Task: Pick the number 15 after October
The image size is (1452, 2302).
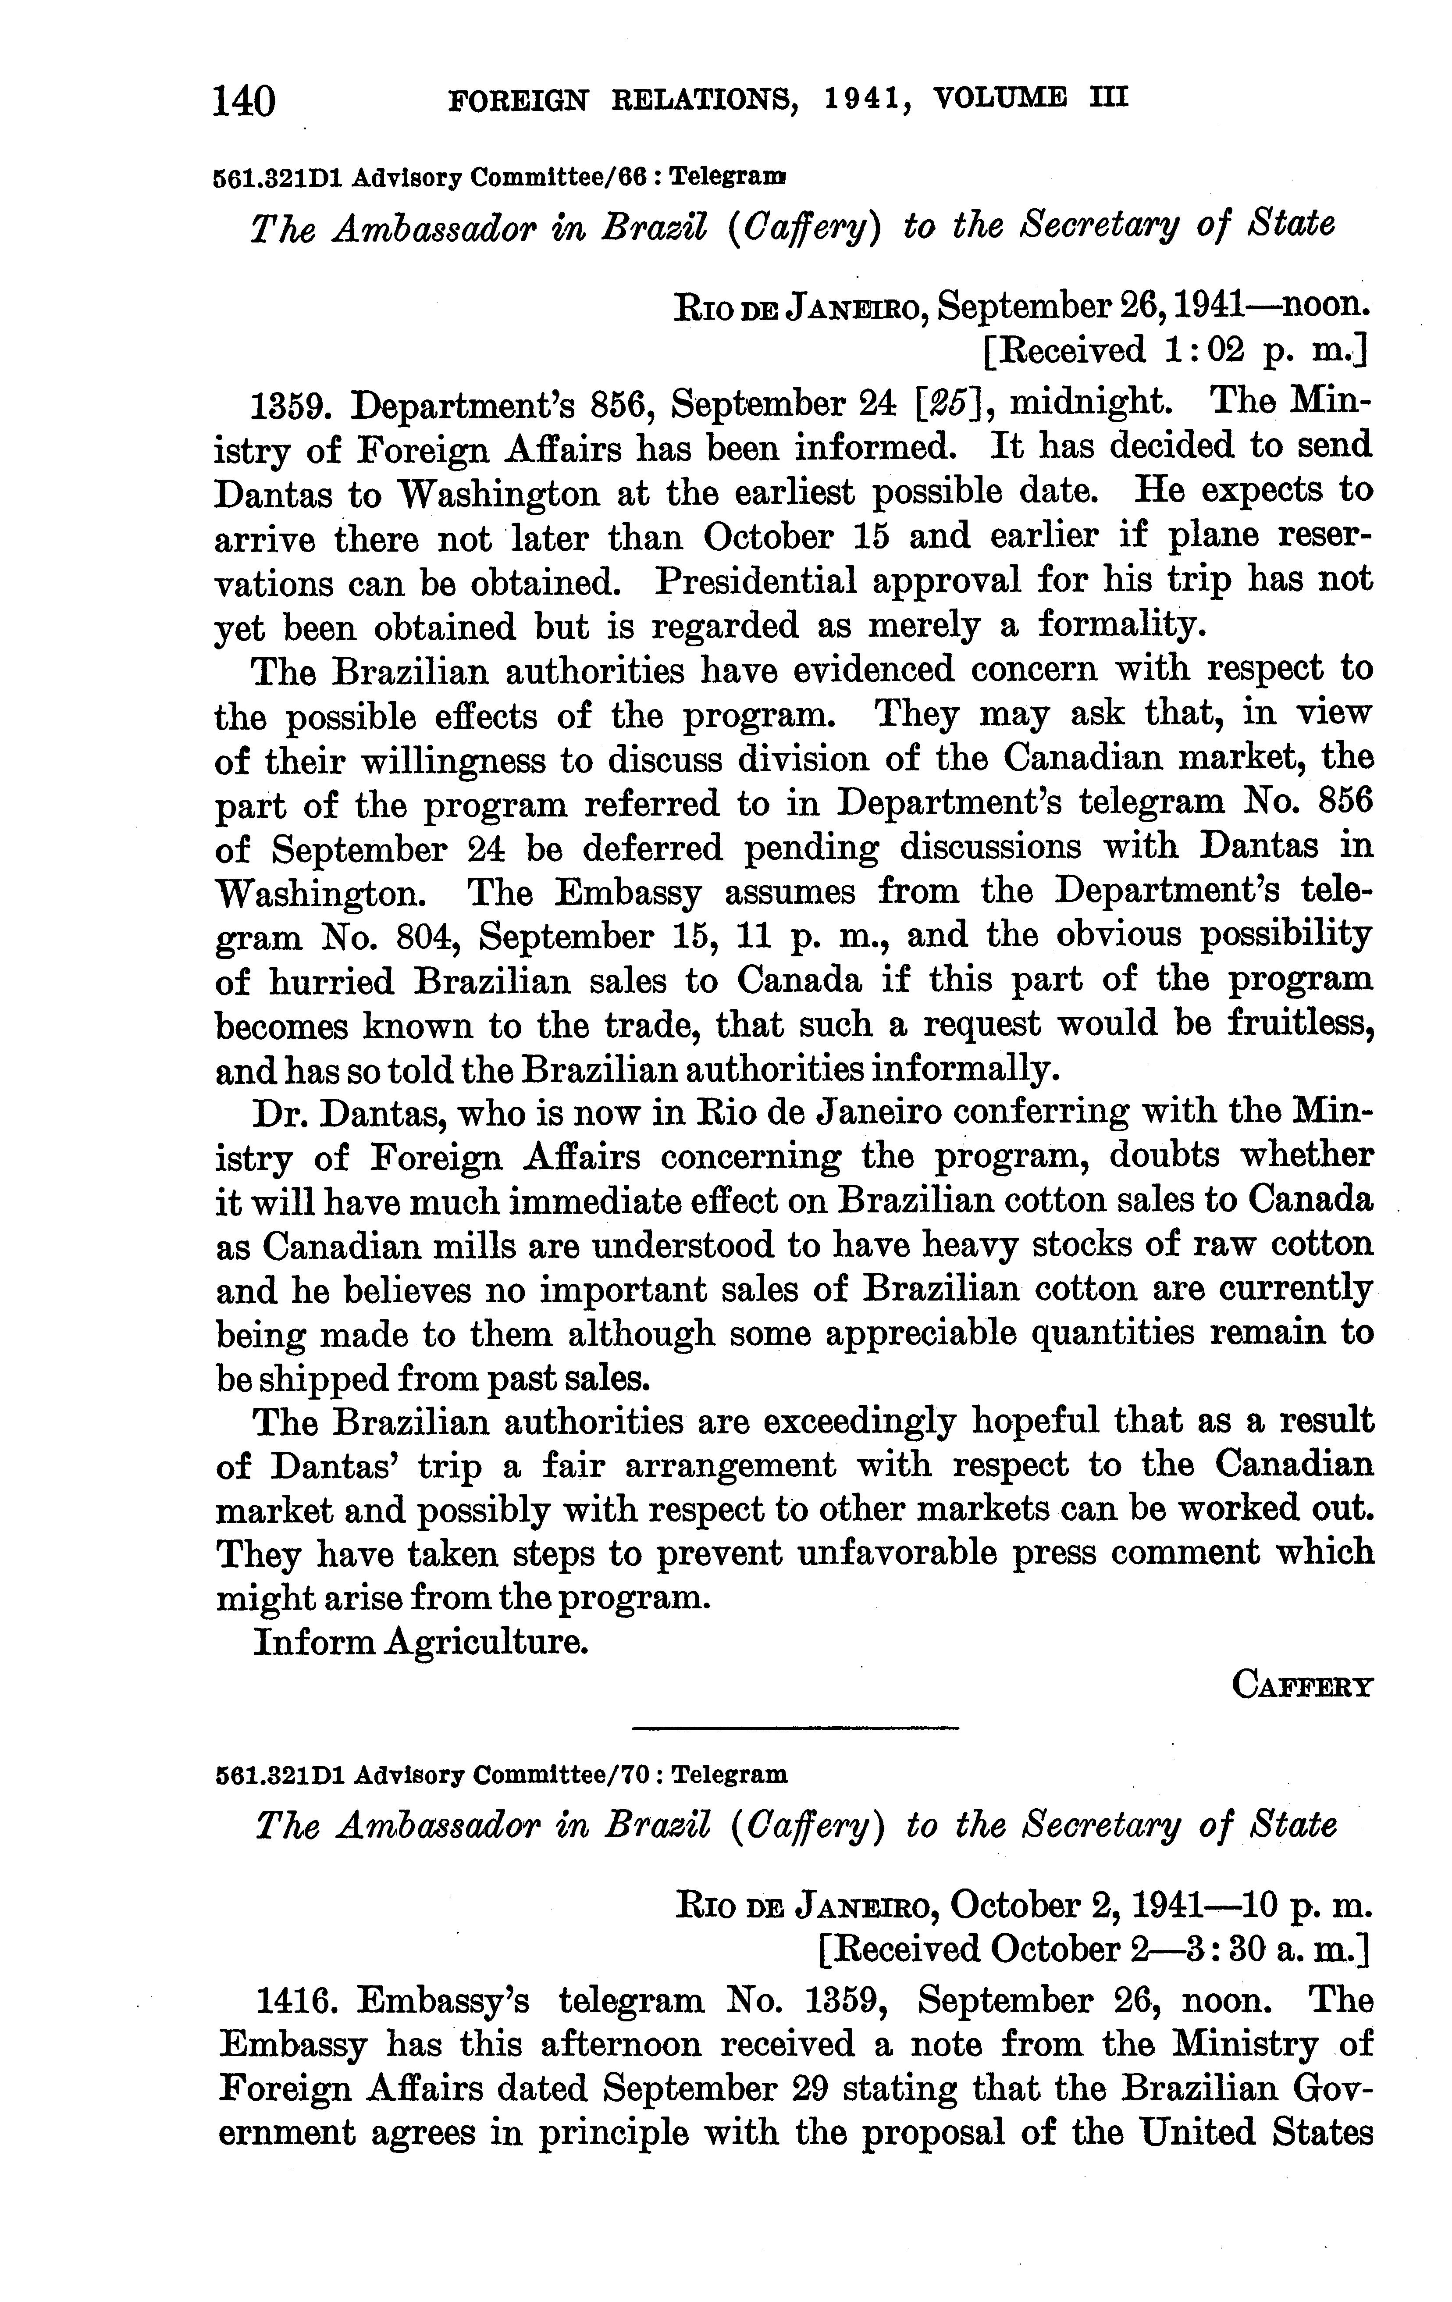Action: click(x=870, y=536)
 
